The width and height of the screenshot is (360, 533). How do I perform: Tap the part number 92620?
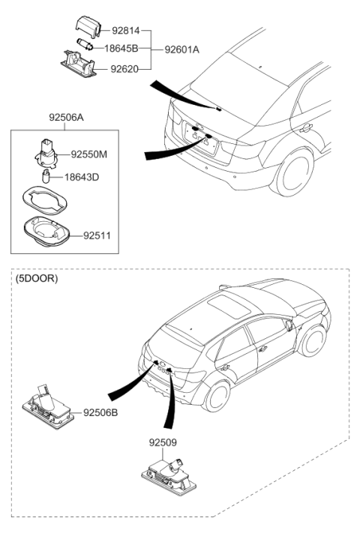point(125,68)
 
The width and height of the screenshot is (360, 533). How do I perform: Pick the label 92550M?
point(89,154)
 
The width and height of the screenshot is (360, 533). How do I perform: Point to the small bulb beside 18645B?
point(83,46)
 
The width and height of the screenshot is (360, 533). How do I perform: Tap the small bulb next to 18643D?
point(46,177)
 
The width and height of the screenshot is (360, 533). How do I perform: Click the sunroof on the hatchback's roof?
point(226,304)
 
